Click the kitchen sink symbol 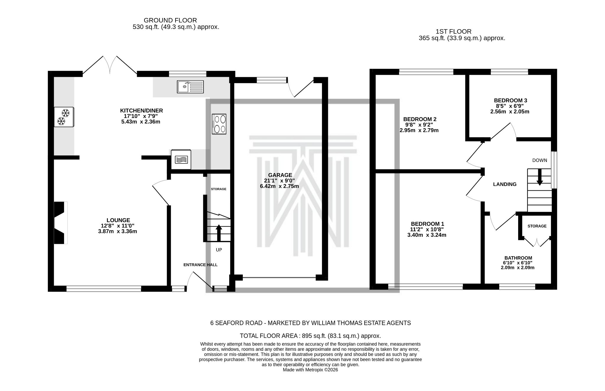coord(190,87)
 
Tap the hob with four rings coord(219,124)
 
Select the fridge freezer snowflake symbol coord(64,117)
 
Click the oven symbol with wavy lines coord(181,160)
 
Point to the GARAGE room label coord(280,175)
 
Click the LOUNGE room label coord(118,220)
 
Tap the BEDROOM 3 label coord(510,100)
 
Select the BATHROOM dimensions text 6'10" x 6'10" coord(518,263)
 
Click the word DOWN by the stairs coord(539,160)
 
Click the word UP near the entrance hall coord(219,250)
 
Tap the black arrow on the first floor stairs coord(539,177)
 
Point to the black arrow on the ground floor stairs coord(219,233)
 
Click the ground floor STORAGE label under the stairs coord(218,189)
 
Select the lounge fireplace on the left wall coord(60,223)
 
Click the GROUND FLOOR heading coord(170,20)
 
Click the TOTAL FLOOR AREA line coord(310,336)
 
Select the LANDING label coord(505,184)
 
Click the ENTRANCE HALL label coord(200,265)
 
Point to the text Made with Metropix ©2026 coord(310,370)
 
